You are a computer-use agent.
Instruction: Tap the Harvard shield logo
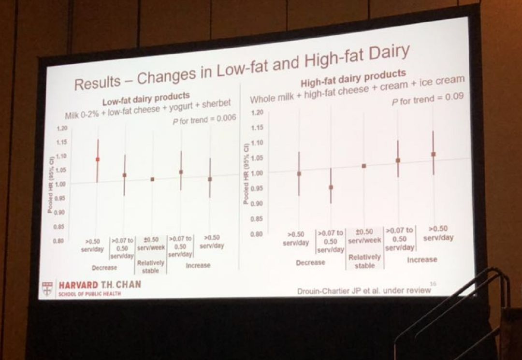[47, 288]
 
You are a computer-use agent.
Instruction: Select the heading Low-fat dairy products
[145, 98]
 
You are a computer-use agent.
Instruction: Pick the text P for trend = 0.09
[427, 98]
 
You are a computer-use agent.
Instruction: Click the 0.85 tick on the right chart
[256, 219]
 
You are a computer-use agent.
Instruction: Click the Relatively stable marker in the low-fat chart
[153, 179]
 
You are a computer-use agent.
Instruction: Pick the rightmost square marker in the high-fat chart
[434, 154]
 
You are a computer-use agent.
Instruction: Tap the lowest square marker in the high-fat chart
[331, 187]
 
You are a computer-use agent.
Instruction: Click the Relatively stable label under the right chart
[364, 261]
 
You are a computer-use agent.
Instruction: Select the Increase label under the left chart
[198, 265]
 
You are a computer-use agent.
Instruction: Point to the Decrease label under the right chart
[310, 262]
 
